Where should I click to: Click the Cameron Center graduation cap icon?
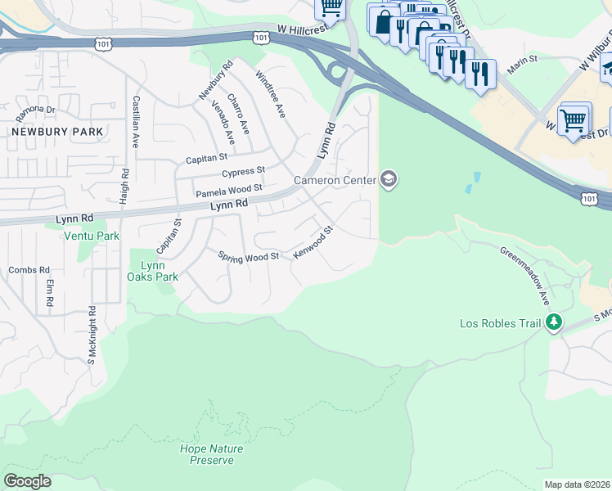click(389, 180)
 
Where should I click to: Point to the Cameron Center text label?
click(335, 180)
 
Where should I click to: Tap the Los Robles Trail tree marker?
click(555, 322)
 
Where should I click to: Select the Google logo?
click(27, 480)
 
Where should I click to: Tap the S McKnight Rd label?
click(92, 335)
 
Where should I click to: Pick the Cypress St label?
click(244, 172)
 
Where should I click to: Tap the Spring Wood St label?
click(249, 256)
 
